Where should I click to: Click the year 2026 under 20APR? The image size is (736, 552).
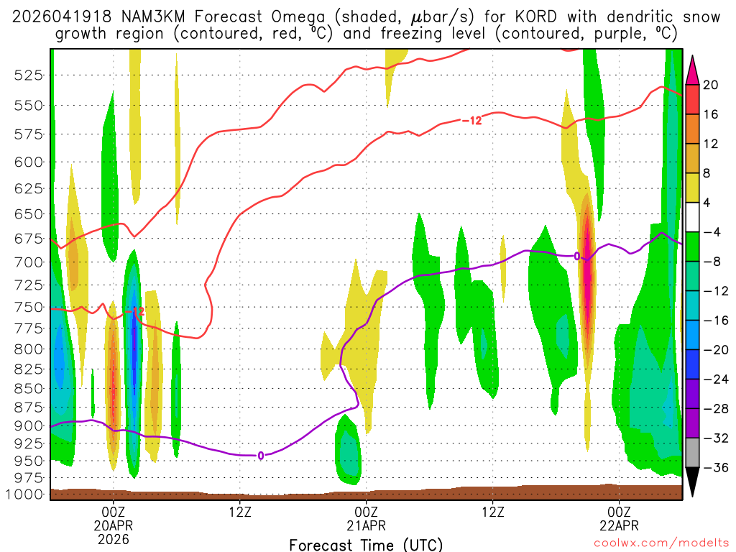(x=113, y=538)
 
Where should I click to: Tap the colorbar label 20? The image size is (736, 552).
(x=711, y=85)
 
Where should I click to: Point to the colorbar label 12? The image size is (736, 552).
(x=711, y=144)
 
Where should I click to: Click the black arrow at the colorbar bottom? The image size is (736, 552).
(x=692, y=482)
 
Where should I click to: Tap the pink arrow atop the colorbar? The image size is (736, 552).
(x=692, y=69)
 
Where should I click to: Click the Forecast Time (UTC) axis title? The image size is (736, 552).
(x=366, y=544)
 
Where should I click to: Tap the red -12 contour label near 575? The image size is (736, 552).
(x=471, y=120)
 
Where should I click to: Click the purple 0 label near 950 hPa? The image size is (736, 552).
(x=260, y=455)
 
